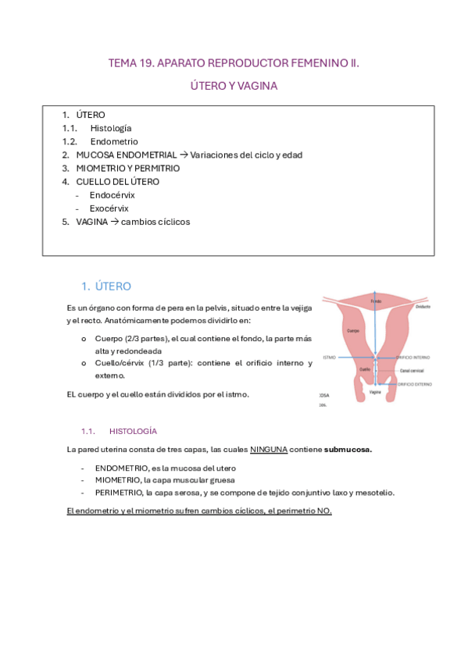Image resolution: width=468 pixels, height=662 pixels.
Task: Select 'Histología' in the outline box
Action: coord(111,128)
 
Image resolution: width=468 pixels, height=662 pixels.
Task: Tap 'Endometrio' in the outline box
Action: coord(114,141)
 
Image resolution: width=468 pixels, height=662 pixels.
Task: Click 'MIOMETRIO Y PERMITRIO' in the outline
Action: coord(128,168)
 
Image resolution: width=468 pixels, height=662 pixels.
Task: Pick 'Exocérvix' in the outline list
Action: coord(109,208)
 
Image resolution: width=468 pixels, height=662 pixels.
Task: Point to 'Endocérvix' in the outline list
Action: coord(111,195)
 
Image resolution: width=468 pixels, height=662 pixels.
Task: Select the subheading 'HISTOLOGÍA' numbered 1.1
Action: coord(134,430)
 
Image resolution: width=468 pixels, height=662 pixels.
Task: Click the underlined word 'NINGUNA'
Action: coord(269,450)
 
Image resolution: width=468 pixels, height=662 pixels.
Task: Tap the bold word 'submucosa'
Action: coord(348,450)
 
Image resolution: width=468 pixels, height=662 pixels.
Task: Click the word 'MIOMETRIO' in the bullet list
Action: coord(117,480)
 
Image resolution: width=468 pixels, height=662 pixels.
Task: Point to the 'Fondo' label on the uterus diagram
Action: coord(376,301)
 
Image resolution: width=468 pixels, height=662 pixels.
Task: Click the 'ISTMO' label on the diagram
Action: coord(329,357)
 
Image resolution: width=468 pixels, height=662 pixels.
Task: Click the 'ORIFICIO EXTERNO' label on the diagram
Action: coord(414,384)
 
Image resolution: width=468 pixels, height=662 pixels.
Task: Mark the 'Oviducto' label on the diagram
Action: coord(423,307)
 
